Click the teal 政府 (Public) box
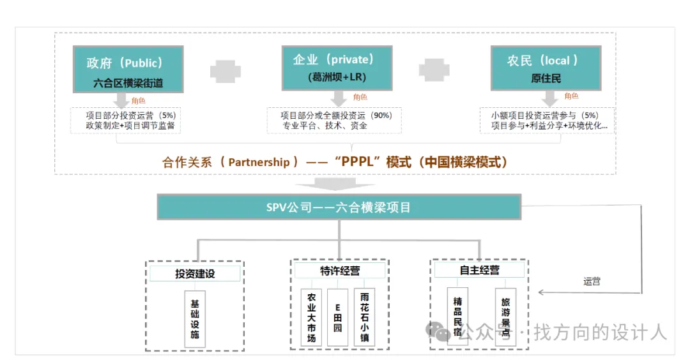[x=128, y=69]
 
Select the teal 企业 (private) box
[x=337, y=68]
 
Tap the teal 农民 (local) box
[x=546, y=68]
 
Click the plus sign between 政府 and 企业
[x=226, y=71]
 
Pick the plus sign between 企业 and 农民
[x=434, y=70]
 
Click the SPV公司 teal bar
[x=339, y=207]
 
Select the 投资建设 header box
[x=195, y=273]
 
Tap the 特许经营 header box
[x=340, y=271]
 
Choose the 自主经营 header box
[x=479, y=270]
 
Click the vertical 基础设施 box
[x=195, y=319]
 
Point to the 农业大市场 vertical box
[x=312, y=317]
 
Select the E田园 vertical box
[x=338, y=317]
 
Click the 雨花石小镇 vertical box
[x=364, y=317]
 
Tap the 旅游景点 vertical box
[x=505, y=317]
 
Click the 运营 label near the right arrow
[x=592, y=281]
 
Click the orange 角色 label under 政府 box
[x=138, y=101]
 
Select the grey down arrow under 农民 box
[x=549, y=98]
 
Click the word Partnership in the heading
[x=259, y=162]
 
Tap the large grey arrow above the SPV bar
[x=336, y=184]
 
